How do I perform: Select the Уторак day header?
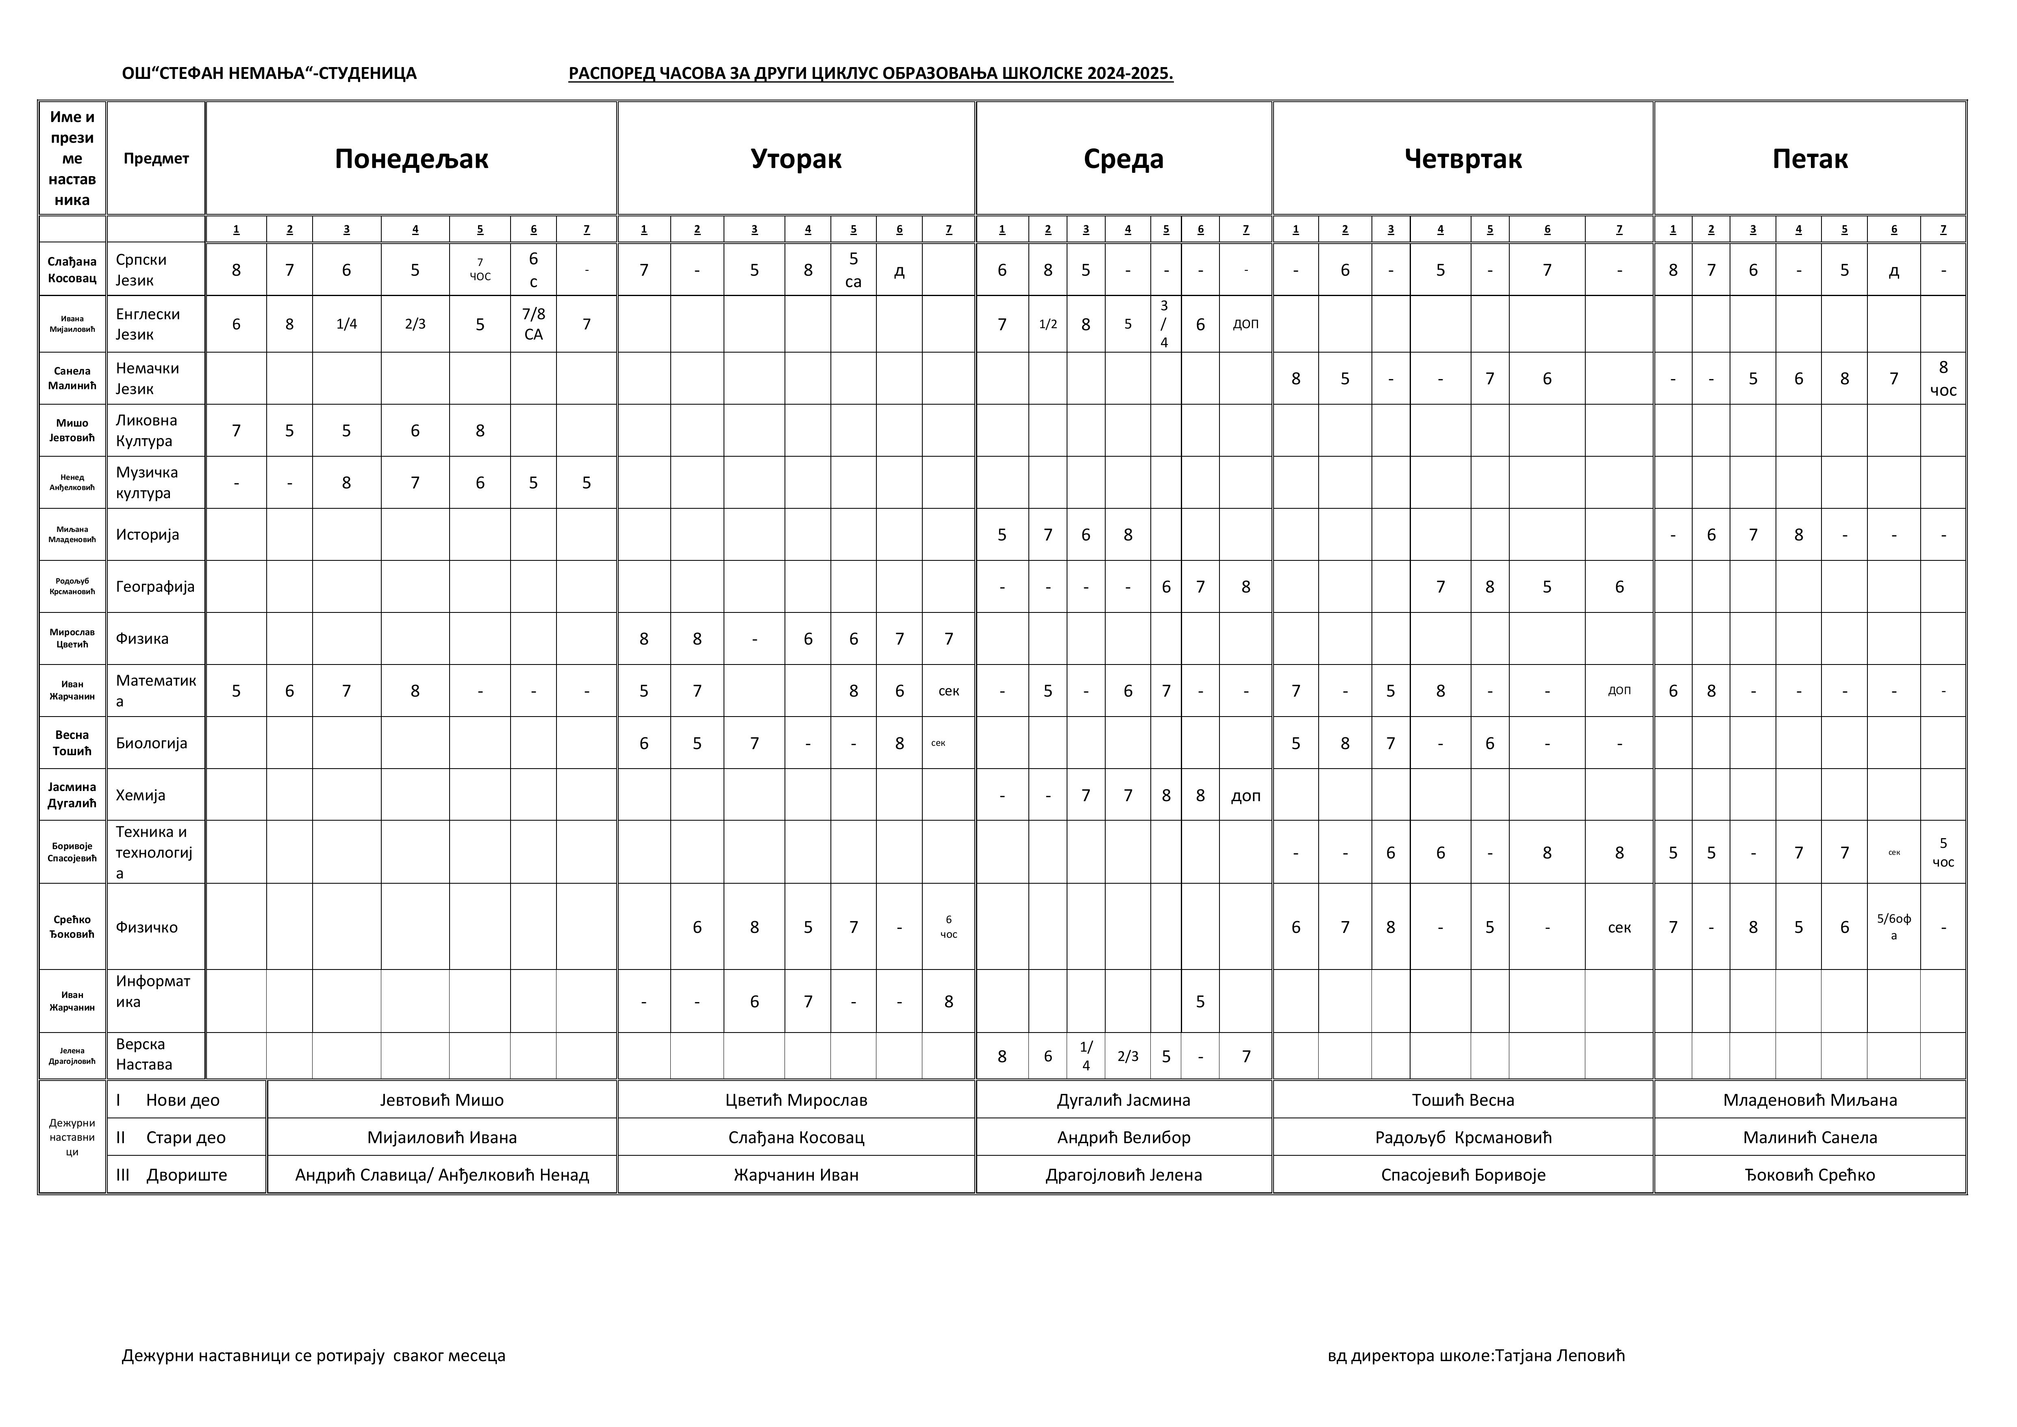796,159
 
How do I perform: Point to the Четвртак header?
1463,159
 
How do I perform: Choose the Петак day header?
1810,159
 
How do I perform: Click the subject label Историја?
148,534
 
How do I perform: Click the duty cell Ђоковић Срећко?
1810,1175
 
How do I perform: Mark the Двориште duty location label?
186,1175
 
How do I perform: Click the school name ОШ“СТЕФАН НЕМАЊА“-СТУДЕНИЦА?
269,74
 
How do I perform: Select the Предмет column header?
156,159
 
